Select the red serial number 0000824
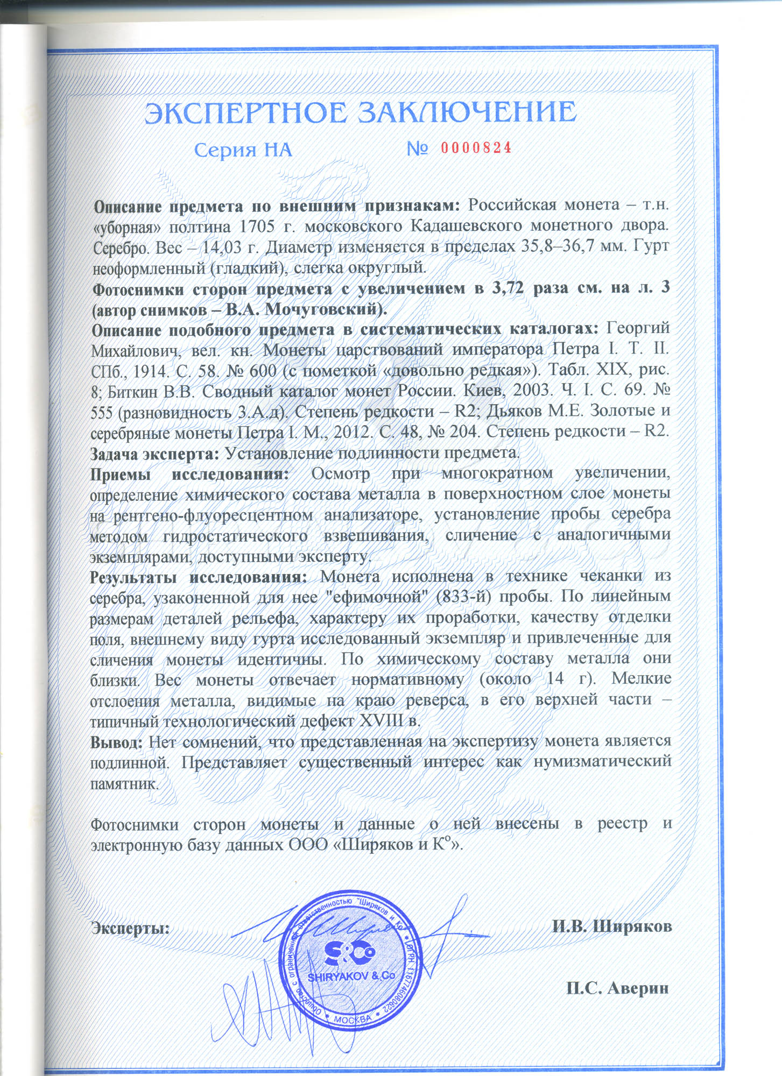(476, 148)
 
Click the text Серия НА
(243, 150)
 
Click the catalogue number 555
(102, 413)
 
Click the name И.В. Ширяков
(612, 926)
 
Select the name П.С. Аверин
(617, 988)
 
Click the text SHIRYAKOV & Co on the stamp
(351, 976)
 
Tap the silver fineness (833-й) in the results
(468, 597)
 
